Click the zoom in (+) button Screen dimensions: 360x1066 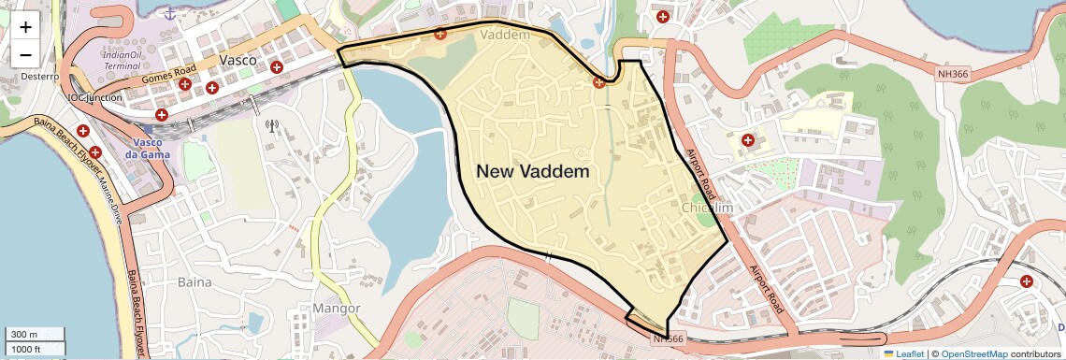pos(25,26)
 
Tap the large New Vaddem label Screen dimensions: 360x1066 pos(533,171)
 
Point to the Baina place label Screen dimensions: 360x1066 pos(194,281)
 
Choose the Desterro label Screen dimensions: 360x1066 pos(39,77)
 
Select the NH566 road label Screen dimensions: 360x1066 pos(670,338)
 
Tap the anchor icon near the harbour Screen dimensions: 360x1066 pos(169,13)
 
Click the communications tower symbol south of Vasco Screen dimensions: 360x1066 pos(272,125)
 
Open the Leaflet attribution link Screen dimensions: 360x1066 pos(903,353)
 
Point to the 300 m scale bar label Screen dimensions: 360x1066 pos(24,335)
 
